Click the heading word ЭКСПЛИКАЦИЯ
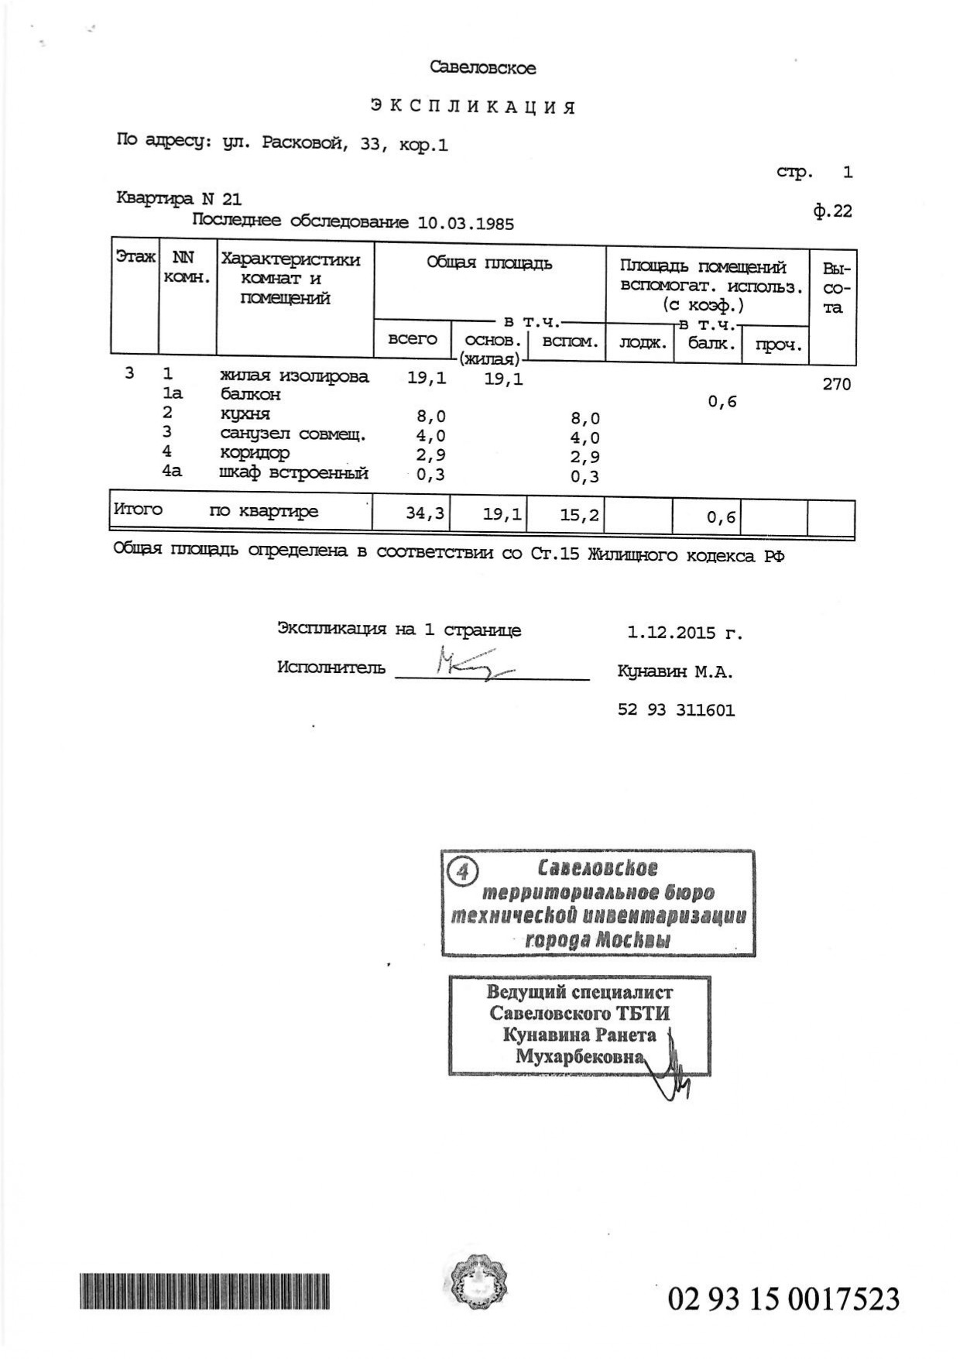click(472, 107)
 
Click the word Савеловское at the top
click(482, 68)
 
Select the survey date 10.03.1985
click(465, 224)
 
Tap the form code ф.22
click(832, 211)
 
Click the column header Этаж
click(135, 257)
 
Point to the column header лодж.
click(642, 342)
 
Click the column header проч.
click(776, 344)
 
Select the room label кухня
click(245, 414)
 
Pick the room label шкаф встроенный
click(293, 473)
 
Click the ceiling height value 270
click(836, 384)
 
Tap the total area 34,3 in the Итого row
click(425, 513)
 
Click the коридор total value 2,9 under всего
click(430, 455)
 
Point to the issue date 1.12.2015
click(672, 633)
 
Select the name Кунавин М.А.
click(674, 672)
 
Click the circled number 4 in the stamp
click(463, 871)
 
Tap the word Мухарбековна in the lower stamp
click(580, 1057)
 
